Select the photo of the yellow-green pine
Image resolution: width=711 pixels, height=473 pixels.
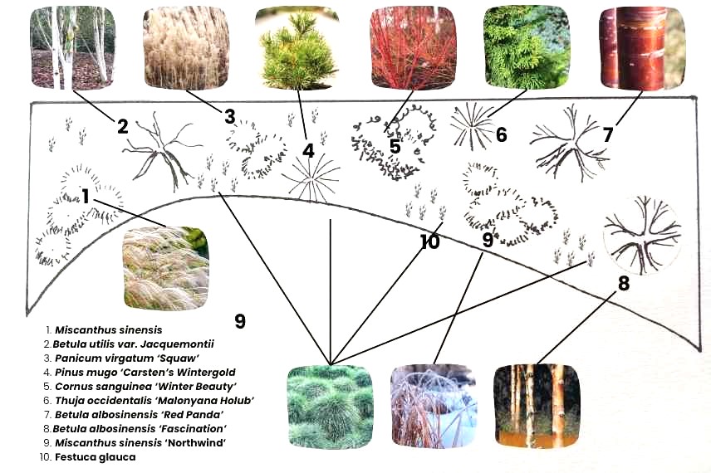[x=297, y=48]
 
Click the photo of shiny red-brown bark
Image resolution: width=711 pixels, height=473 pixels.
[x=642, y=48]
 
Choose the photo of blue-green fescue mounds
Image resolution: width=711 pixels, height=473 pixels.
[x=329, y=406]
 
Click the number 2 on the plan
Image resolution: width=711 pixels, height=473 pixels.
[x=122, y=126]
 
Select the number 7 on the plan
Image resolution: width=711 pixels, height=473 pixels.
[x=608, y=134]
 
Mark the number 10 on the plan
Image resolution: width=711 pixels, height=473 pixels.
[x=429, y=242]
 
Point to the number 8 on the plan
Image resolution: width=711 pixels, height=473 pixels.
[x=623, y=283]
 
